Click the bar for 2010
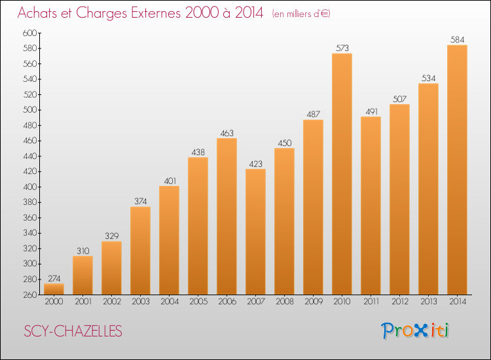click(x=342, y=173)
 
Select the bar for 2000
click(x=54, y=289)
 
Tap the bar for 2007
click(x=255, y=232)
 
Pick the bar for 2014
click(x=457, y=170)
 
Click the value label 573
click(x=342, y=48)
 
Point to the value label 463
click(x=227, y=133)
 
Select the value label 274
click(x=54, y=278)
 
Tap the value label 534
click(x=428, y=78)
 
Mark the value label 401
click(x=169, y=181)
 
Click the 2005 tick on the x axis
click(x=198, y=302)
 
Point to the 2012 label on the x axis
click(x=399, y=302)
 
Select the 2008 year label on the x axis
click(x=284, y=302)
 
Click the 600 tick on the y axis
click(x=30, y=33)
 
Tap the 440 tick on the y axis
click(x=30, y=156)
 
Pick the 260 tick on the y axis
click(x=30, y=295)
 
